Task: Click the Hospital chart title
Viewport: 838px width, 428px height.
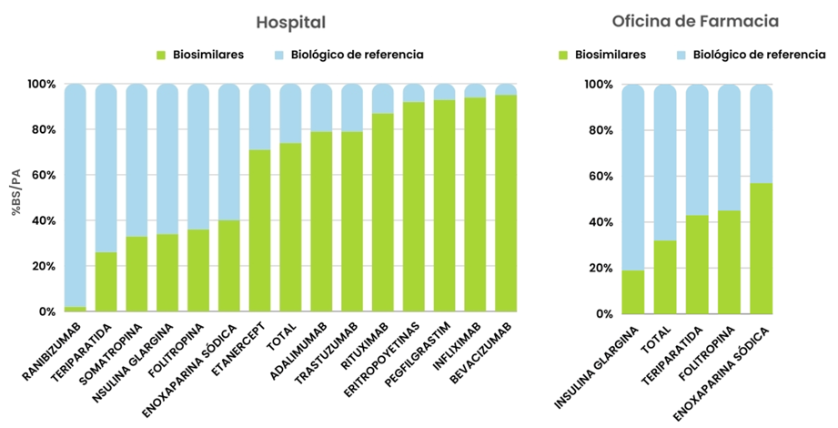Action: click(x=290, y=22)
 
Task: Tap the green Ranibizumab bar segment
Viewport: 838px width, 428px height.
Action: click(x=76, y=310)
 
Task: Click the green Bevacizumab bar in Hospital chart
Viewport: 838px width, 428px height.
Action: click(x=506, y=203)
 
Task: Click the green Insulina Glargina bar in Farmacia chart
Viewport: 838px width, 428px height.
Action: click(x=632, y=292)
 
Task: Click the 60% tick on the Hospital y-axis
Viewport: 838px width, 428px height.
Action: click(x=42, y=176)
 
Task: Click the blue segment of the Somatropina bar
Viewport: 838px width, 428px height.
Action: click(x=137, y=160)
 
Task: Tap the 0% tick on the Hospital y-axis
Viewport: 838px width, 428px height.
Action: click(x=45, y=312)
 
